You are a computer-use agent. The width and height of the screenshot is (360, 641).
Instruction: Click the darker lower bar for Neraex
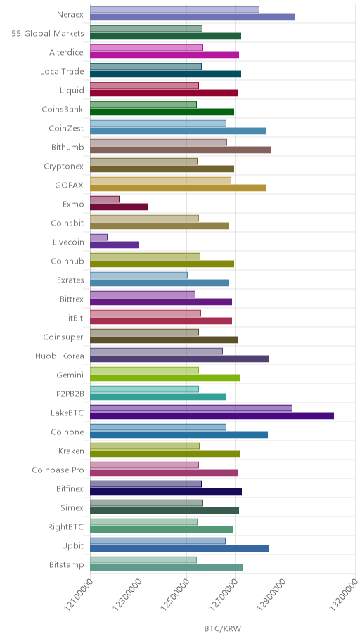pyautogui.click(x=192, y=17)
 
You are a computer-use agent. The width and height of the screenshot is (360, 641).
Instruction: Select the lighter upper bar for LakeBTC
pyautogui.click(x=191, y=408)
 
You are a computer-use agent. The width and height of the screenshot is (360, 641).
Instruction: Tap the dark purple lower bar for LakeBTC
pyautogui.click(x=212, y=416)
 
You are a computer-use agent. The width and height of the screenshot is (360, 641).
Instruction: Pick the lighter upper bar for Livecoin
pyautogui.click(x=98, y=237)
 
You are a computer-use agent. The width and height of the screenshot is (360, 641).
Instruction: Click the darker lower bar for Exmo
pyautogui.click(x=119, y=207)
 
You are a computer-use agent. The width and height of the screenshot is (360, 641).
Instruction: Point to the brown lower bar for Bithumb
pyautogui.click(x=181, y=150)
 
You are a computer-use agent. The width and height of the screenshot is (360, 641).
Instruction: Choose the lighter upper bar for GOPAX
pyautogui.click(x=160, y=180)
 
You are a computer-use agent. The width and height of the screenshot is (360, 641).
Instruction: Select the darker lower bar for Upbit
pyautogui.click(x=179, y=549)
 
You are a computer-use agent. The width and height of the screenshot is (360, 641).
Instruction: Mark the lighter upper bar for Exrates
pyautogui.click(x=139, y=275)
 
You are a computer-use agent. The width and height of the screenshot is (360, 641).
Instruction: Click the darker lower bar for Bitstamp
pyautogui.click(x=166, y=567)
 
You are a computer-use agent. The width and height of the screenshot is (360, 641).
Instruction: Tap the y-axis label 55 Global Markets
pyautogui.click(x=47, y=34)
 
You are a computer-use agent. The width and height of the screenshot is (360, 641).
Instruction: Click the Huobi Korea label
pyautogui.click(x=60, y=356)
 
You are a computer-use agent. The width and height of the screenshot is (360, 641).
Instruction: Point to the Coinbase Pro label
pyautogui.click(x=58, y=470)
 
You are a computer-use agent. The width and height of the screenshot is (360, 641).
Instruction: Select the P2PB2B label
pyautogui.click(x=70, y=394)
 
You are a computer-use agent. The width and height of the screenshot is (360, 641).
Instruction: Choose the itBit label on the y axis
pyautogui.click(x=76, y=318)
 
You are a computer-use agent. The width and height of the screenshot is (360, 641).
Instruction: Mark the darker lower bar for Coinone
pyautogui.click(x=179, y=434)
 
